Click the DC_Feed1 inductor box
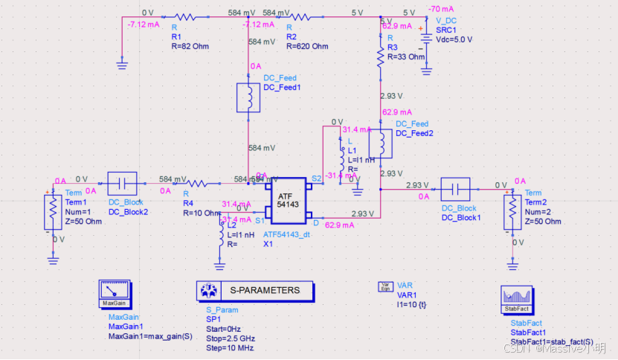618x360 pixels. click(x=248, y=98)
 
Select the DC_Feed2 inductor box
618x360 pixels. click(x=381, y=144)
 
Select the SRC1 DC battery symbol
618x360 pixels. click(x=425, y=39)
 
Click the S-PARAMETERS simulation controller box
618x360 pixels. click(x=254, y=291)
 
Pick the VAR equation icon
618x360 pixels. click(x=385, y=287)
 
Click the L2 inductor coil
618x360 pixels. click(x=222, y=235)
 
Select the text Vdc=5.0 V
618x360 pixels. click(x=454, y=39)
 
